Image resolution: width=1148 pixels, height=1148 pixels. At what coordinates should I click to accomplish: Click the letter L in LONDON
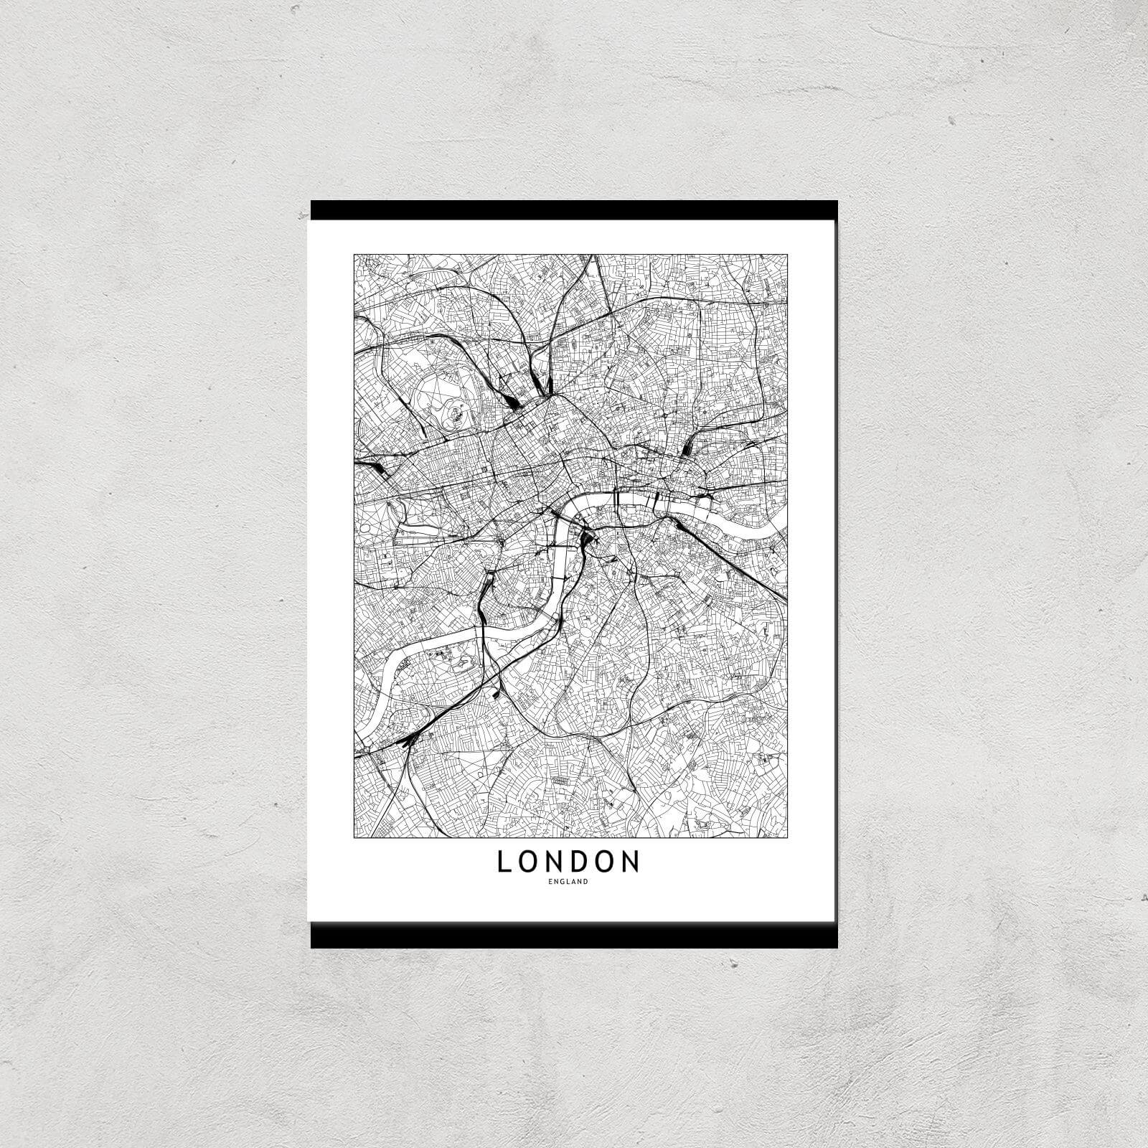pos(504,862)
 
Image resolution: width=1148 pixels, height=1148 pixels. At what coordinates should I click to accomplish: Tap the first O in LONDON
pos(529,862)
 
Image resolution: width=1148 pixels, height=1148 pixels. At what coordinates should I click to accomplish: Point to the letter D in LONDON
pos(581,862)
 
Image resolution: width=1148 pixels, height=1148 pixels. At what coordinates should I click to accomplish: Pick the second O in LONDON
pos(606,862)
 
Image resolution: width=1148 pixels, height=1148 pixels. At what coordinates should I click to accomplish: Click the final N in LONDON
pos(631,862)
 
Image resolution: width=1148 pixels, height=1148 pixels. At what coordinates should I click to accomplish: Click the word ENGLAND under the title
pos(568,882)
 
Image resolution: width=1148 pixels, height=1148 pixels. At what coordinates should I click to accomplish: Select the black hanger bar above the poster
pos(574,210)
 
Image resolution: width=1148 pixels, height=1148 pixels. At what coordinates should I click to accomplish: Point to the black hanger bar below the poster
pos(574,935)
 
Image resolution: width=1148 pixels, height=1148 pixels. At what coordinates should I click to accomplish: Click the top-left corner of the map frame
pos(354,254)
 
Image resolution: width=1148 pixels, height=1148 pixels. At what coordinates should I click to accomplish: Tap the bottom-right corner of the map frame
pos(788,837)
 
